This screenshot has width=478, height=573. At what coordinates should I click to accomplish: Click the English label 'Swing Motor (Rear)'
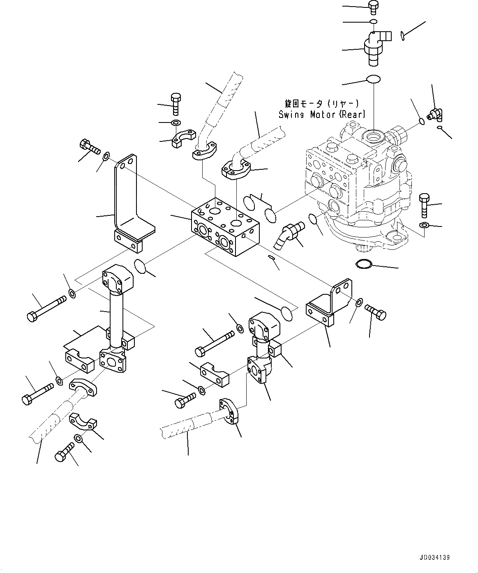322,115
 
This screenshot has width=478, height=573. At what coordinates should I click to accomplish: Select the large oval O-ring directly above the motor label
373,79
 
